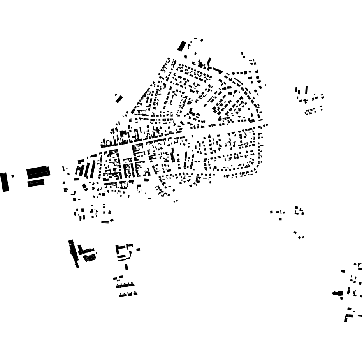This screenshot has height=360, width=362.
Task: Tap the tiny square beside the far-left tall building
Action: (13, 176)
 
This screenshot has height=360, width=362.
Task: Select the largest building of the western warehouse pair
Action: (38, 172)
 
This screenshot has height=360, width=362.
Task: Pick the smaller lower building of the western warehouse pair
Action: (36, 183)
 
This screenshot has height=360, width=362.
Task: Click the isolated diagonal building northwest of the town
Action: (119, 99)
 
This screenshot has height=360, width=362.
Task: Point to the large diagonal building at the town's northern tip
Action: (182, 46)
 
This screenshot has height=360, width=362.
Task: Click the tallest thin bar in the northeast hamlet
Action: (306, 90)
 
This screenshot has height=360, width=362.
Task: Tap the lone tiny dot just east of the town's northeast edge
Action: (265, 85)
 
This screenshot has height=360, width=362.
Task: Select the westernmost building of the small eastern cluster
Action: (271, 212)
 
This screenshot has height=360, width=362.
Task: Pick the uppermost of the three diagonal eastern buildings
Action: (295, 233)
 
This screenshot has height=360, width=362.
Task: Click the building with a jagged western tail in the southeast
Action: (337, 293)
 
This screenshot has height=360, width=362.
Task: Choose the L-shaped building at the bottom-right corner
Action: (347, 317)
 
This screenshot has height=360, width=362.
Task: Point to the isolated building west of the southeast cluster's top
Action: (343, 271)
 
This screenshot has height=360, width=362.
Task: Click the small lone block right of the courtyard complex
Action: (138, 249)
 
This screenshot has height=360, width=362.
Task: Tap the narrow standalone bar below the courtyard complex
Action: (126, 267)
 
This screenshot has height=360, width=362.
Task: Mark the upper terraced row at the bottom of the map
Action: (125, 286)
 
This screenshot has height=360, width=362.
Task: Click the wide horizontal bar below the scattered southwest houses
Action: (105, 222)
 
